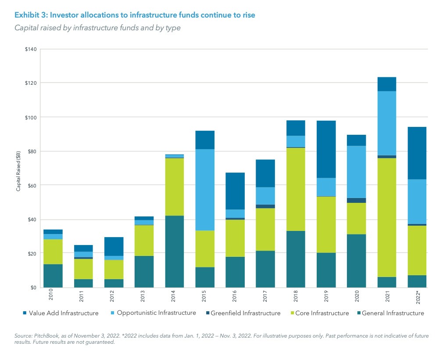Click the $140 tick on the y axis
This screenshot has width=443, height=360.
(x=31, y=49)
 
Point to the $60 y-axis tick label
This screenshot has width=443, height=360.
(x=32, y=185)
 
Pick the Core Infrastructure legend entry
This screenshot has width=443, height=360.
(x=320, y=313)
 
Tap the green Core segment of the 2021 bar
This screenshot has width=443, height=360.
(x=387, y=217)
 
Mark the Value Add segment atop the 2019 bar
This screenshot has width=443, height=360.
(x=326, y=149)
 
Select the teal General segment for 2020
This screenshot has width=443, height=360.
(x=357, y=261)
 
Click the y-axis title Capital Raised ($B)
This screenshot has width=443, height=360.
(x=18, y=169)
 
